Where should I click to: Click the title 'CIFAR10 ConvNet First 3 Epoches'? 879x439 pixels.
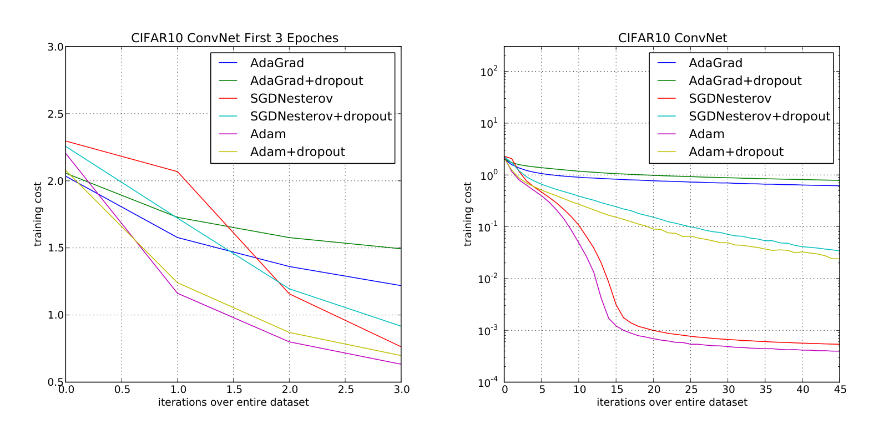pyautogui.click(x=234, y=38)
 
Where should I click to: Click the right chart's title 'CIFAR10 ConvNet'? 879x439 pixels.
pyautogui.click(x=672, y=38)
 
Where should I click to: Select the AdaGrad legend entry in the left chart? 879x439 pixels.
pyautogui.click(x=277, y=63)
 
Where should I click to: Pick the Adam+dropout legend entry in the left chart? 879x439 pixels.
pyautogui.click(x=297, y=152)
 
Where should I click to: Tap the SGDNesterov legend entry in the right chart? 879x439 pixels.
pyautogui.click(x=730, y=99)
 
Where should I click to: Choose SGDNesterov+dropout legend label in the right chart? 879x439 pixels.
pyautogui.click(x=759, y=117)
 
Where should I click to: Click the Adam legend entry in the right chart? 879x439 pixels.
pyautogui.click(x=706, y=134)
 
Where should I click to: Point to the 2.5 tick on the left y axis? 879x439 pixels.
pyautogui.click(x=55, y=114)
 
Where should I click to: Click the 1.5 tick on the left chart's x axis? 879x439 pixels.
pyautogui.click(x=234, y=390)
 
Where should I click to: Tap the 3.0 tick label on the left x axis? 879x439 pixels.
pyautogui.click(x=401, y=390)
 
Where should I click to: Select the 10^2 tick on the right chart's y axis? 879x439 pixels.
pyautogui.click(x=489, y=72)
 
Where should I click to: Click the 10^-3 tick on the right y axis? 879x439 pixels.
pyautogui.click(x=489, y=331)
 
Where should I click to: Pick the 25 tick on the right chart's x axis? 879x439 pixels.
pyautogui.click(x=691, y=390)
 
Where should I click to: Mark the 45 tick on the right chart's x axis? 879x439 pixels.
pyautogui.click(x=840, y=390)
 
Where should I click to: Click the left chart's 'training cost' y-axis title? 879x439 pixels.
pyautogui.click(x=38, y=214)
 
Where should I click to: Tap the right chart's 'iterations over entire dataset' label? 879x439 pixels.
pyautogui.click(x=672, y=402)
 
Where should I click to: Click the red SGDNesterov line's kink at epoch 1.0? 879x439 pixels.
pyautogui.click(x=178, y=171)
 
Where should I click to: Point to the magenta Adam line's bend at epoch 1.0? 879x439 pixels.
pyautogui.click(x=178, y=293)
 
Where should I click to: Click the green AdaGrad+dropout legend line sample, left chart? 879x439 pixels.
pyautogui.click(x=228, y=81)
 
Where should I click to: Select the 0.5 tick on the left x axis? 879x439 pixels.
pyautogui.click(x=122, y=390)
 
